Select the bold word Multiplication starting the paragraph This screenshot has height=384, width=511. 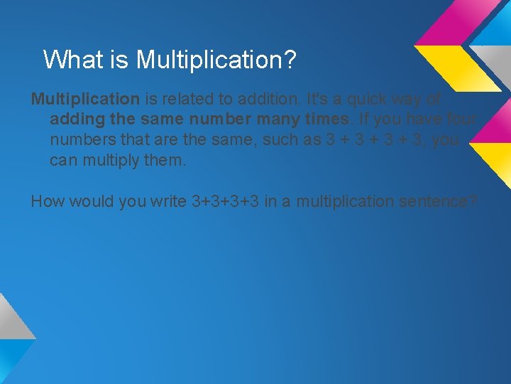[x=85, y=98]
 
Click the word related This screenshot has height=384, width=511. [x=191, y=98]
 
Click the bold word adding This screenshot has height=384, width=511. [x=74, y=119]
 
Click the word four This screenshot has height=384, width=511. [x=463, y=119]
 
